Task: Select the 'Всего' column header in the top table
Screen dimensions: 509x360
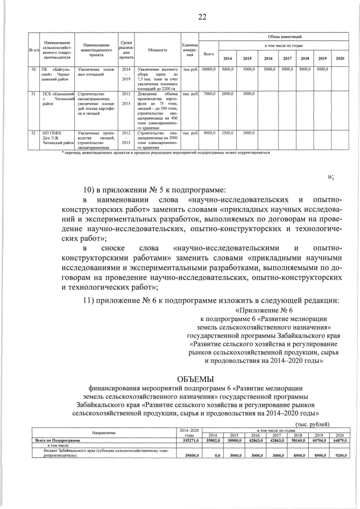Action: [x=209, y=54]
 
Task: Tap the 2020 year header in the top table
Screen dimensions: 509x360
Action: [x=340, y=58]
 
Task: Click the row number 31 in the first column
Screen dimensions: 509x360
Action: [x=33, y=93]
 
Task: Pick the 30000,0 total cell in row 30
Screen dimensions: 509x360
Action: [x=209, y=69]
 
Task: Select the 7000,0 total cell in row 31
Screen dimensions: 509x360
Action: [x=209, y=93]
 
